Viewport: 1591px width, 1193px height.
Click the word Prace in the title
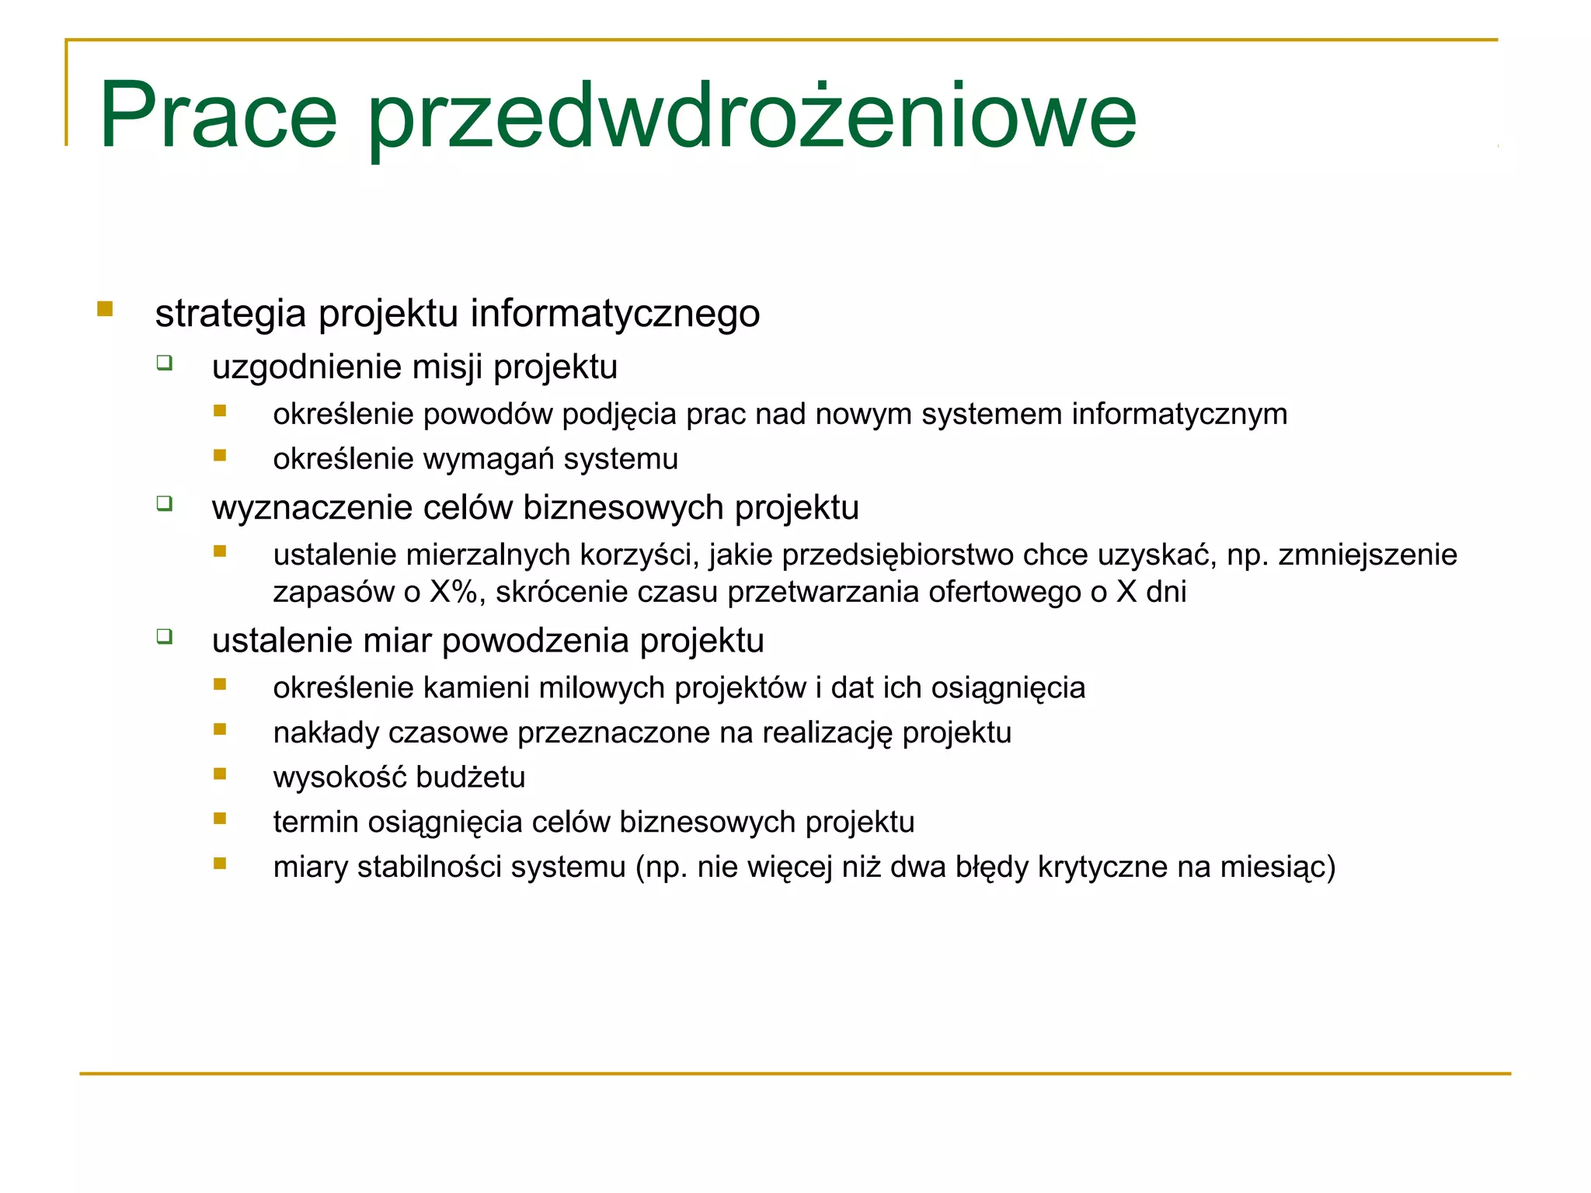[218, 117]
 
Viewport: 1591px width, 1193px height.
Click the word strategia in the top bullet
[230, 315]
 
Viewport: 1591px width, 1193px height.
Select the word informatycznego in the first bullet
[614, 315]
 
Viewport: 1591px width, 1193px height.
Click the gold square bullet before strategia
[105, 309]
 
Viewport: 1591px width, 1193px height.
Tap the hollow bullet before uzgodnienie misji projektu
[164, 363]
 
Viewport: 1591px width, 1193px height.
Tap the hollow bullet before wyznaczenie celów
[164, 503]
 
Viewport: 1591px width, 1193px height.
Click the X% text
[454, 592]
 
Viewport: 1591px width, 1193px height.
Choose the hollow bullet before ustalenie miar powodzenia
[164, 637]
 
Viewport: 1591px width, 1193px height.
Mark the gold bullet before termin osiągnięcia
[220, 819]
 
